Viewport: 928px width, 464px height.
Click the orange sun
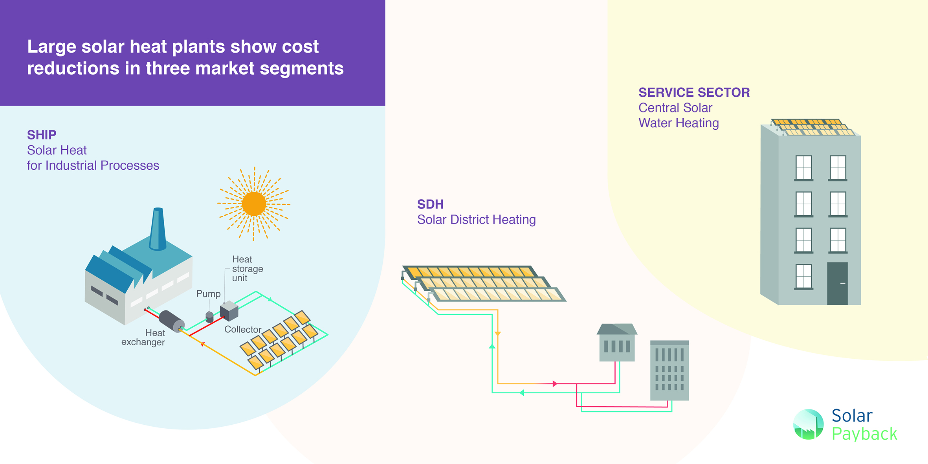[x=254, y=204]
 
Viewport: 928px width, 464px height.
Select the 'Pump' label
[x=208, y=294]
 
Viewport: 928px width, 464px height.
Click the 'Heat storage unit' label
[x=247, y=269]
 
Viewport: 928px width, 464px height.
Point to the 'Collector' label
[x=243, y=330]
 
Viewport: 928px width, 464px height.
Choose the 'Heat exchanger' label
[x=144, y=337]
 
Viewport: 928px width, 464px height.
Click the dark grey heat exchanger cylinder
[x=172, y=321]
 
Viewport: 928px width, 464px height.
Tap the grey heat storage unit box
[x=229, y=311]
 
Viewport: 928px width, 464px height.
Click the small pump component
[x=209, y=316]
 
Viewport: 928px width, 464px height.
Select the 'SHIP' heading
[x=42, y=135]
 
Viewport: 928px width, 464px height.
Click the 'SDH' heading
[x=430, y=204]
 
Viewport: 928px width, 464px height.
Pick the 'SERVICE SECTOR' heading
[x=694, y=92]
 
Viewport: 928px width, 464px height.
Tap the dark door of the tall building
[x=837, y=283]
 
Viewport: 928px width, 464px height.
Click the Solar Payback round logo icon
[x=808, y=424]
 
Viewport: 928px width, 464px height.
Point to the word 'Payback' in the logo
[x=864, y=434]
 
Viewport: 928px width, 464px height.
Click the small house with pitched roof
[x=617, y=343]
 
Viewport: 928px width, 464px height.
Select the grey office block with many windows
[x=669, y=370]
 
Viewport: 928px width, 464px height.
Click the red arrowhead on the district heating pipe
[x=555, y=383]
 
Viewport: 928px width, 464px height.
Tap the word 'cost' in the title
[x=300, y=47]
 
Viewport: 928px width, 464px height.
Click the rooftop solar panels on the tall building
[x=812, y=127]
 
